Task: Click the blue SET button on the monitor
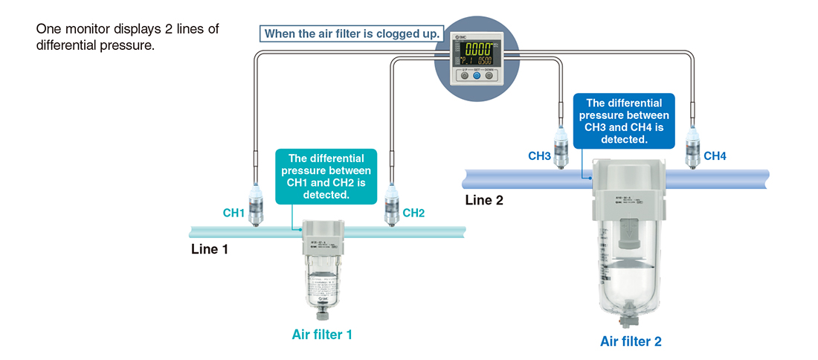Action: [x=477, y=75]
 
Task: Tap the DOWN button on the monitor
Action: [x=489, y=75]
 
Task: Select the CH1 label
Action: [x=234, y=213]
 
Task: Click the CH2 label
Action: [x=413, y=213]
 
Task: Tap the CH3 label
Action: [x=539, y=156]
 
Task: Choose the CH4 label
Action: [x=715, y=156]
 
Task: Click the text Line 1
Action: [x=210, y=249]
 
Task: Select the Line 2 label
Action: [x=484, y=199]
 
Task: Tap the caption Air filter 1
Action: [x=321, y=335]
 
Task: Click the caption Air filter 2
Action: [x=631, y=342]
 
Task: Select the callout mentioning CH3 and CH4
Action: [x=623, y=120]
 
